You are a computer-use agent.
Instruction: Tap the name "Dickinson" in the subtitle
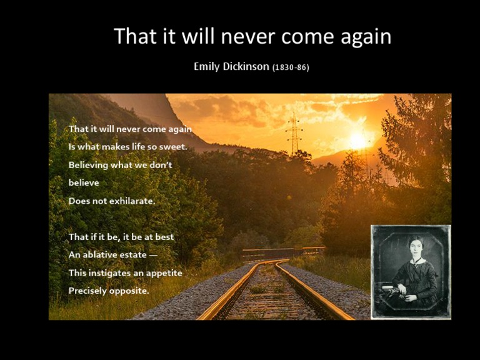(246, 66)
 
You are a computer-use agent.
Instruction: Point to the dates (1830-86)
(291, 67)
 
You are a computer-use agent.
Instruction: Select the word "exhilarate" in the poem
(132, 201)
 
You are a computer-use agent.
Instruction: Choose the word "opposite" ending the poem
(129, 291)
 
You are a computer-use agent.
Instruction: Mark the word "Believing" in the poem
(88, 165)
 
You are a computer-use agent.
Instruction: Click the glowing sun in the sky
(357, 141)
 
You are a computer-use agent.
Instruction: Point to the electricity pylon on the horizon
(294, 134)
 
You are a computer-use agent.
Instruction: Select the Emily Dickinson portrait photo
(411, 271)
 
